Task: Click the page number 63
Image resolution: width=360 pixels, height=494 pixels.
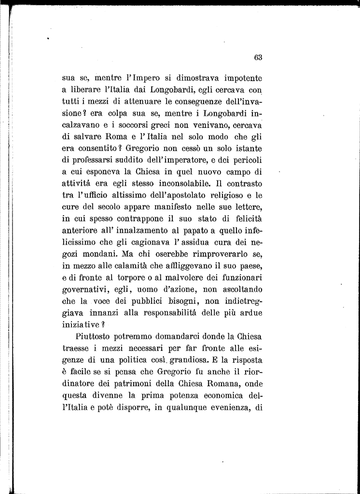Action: click(x=258, y=57)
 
